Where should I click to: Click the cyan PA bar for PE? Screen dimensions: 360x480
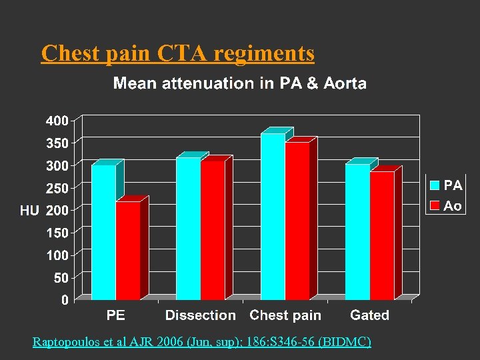(x=103, y=232)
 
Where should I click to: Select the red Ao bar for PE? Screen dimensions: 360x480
(x=128, y=251)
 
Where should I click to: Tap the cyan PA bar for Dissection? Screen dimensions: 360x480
(x=188, y=229)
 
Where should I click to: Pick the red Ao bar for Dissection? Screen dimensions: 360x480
(x=213, y=231)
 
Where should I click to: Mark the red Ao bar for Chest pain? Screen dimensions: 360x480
(x=297, y=221)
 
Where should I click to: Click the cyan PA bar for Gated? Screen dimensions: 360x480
(x=357, y=232)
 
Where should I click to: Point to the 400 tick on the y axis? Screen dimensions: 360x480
(x=57, y=121)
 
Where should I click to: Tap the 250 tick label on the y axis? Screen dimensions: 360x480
(x=57, y=189)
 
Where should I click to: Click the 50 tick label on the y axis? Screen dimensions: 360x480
(x=61, y=278)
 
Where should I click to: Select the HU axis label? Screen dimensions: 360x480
(x=29, y=210)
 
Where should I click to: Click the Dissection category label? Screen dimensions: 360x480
(x=201, y=315)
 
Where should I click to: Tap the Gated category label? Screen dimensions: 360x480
(x=369, y=315)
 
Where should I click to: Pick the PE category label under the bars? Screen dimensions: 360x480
(x=115, y=315)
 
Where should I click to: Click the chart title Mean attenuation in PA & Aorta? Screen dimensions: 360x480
(x=239, y=83)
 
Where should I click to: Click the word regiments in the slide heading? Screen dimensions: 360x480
(x=264, y=53)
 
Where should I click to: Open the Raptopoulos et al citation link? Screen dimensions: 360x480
(x=202, y=342)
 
